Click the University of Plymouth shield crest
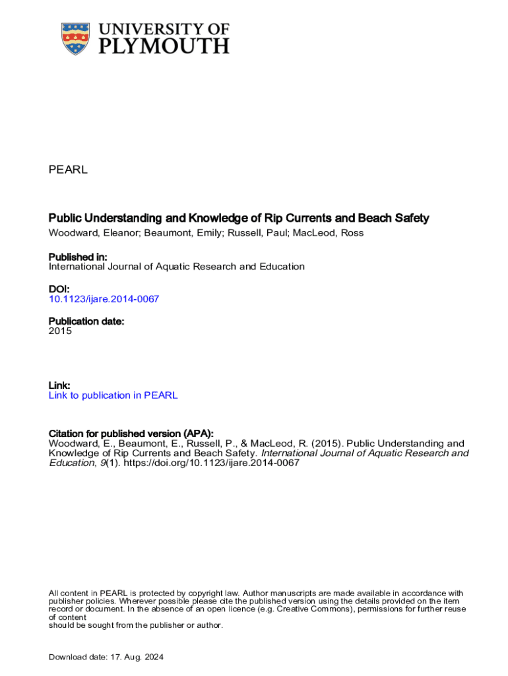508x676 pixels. (75, 39)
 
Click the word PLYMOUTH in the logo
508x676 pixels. (164, 45)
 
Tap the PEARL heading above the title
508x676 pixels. (68, 170)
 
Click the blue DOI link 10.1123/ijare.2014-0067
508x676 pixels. (104, 299)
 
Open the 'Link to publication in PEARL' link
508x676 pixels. (113, 395)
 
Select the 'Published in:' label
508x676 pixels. (78, 257)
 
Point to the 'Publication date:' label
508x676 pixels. (86, 321)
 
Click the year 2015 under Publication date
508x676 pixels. (60, 331)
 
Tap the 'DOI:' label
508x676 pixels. (59, 289)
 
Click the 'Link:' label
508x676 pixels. (59, 385)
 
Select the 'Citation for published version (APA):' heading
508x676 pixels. (131, 433)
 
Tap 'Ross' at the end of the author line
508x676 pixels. (351, 232)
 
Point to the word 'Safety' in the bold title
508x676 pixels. (413, 218)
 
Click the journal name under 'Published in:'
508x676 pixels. (177, 267)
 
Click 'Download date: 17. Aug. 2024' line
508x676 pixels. (106, 657)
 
